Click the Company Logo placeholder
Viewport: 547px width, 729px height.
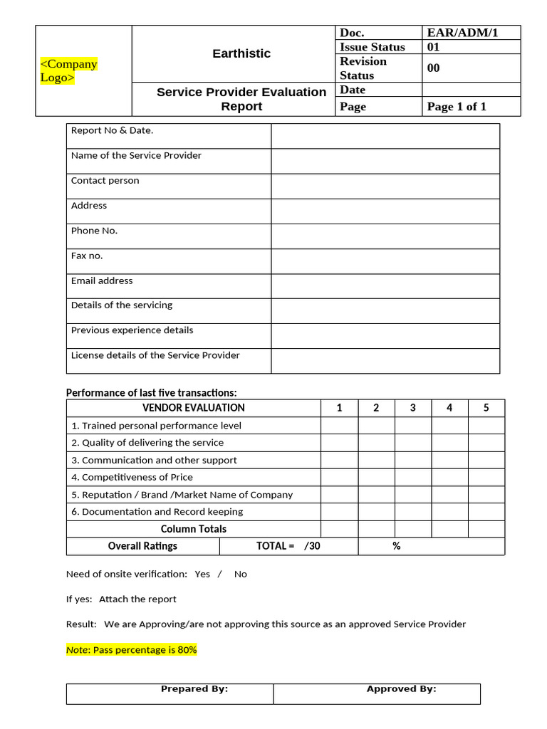click(68, 71)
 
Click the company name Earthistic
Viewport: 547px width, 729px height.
click(241, 53)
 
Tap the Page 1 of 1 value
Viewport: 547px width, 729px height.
click(457, 107)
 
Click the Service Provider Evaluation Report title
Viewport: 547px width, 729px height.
click(241, 99)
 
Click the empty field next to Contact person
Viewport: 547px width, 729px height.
click(385, 186)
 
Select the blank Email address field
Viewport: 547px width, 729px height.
click(385, 285)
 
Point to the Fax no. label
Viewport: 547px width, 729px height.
click(87, 256)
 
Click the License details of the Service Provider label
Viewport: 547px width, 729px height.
click(155, 355)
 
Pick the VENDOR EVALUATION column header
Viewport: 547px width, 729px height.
click(194, 408)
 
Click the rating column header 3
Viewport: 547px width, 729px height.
click(413, 408)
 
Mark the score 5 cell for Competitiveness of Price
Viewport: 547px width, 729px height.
click(486, 477)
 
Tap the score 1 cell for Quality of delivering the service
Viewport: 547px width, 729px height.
click(339, 443)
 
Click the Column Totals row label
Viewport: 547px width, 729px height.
click(194, 529)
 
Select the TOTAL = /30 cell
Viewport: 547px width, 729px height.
click(288, 546)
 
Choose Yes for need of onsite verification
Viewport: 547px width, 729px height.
click(202, 574)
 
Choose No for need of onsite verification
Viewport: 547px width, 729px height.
click(241, 574)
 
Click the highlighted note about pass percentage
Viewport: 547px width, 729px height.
click(131, 650)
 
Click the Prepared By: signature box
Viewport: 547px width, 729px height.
click(170, 693)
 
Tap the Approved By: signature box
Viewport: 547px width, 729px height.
click(377, 693)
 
